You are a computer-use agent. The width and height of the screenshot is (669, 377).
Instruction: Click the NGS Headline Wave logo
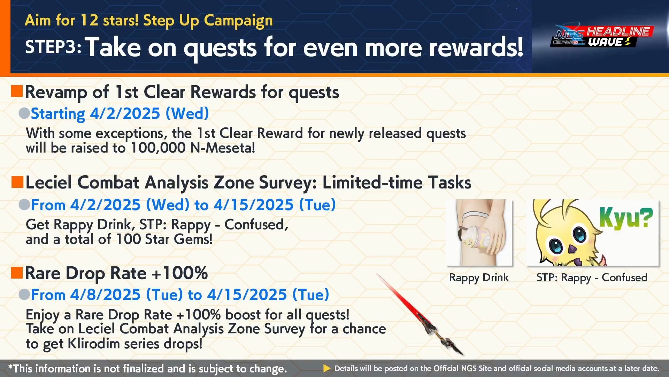click(602, 36)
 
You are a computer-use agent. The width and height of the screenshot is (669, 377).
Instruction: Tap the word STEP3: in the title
click(53, 47)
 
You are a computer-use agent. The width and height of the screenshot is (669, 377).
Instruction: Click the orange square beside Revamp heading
click(17, 91)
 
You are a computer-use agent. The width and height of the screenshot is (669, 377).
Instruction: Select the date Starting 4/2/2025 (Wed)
click(120, 114)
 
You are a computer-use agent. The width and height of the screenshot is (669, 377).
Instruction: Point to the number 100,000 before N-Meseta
click(158, 148)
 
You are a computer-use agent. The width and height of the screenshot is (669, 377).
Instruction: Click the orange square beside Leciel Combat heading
click(17, 182)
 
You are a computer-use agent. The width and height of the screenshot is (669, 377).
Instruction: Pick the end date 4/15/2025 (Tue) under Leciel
click(275, 205)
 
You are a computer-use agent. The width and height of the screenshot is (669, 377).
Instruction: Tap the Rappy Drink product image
click(479, 232)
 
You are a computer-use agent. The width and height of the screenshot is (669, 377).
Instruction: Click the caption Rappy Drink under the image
click(479, 278)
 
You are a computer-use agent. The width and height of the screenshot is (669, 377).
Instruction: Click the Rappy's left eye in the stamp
click(556, 246)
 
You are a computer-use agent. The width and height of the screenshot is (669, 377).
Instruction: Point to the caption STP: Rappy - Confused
click(592, 278)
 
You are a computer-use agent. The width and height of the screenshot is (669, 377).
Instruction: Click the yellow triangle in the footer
click(327, 368)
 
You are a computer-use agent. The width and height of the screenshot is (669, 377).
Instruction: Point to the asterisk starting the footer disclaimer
click(10, 367)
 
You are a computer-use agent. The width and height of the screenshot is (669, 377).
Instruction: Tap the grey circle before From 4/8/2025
click(24, 294)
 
